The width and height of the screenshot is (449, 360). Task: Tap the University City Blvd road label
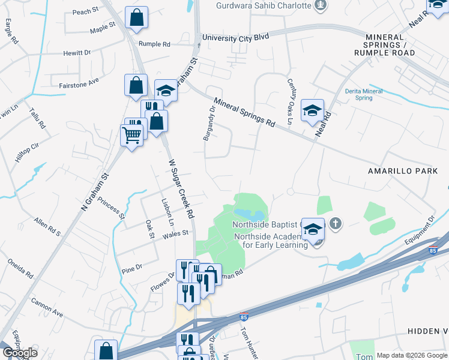pyautogui.click(x=235, y=37)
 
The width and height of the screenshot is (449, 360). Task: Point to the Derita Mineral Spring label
pyautogui.click(x=364, y=94)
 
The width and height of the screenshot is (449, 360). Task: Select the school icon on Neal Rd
pyautogui.click(x=312, y=111)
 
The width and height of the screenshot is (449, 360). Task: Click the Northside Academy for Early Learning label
pyautogui.click(x=271, y=240)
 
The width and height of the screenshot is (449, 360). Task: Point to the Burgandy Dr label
pyautogui.click(x=209, y=124)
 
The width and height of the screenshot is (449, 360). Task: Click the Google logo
pyautogui.click(x=20, y=353)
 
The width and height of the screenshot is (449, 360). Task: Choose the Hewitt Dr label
pyautogui.click(x=77, y=53)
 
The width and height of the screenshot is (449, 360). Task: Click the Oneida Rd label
pyautogui.click(x=20, y=268)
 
